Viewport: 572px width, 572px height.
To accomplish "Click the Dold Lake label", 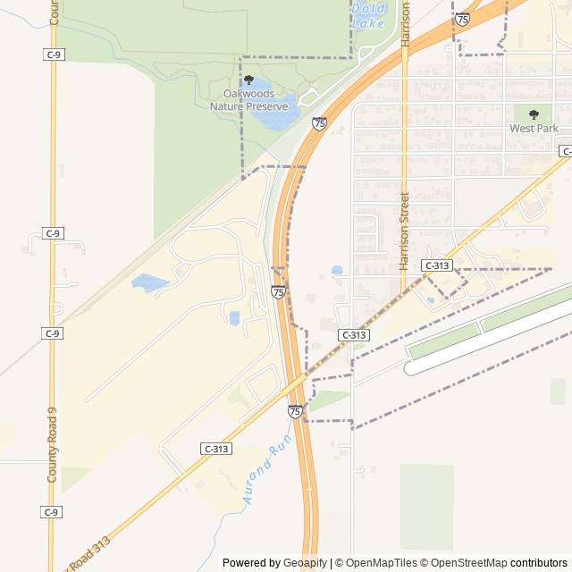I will click(x=368, y=15).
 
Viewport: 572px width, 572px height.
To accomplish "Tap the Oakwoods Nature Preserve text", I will click(x=248, y=100).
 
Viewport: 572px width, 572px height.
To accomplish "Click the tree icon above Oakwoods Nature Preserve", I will click(x=248, y=80).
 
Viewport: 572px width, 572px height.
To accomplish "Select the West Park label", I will click(x=534, y=128).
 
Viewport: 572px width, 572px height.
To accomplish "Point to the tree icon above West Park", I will click(x=534, y=114).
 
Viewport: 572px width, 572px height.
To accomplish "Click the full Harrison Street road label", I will click(x=404, y=231).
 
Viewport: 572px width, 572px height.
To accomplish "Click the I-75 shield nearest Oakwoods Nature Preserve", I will click(x=319, y=123).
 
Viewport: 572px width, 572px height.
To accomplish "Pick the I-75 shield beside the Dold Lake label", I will click(x=462, y=19).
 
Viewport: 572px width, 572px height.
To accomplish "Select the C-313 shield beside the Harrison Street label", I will click(x=437, y=265).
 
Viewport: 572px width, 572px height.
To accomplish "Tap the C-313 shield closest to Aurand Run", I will click(x=216, y=449).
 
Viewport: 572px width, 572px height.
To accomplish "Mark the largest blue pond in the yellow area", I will click(x=148, y=283).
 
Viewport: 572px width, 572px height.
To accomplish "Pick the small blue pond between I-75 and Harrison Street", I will click(x=337, y=269).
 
